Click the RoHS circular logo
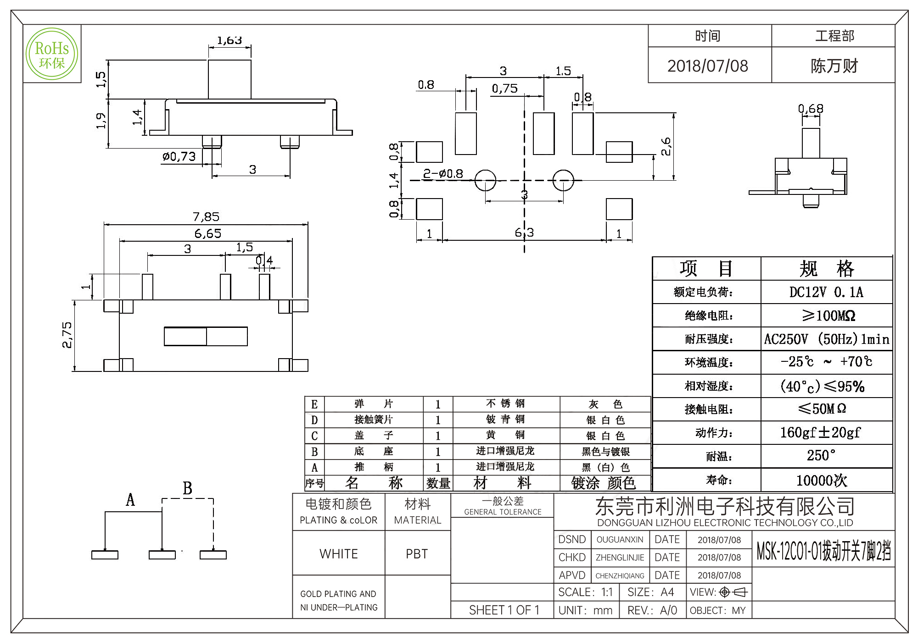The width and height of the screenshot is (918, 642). click(x=51, y=54)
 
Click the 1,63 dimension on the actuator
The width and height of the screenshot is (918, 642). click(x=229, y=41)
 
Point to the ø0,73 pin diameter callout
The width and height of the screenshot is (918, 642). click(x=179, y=157)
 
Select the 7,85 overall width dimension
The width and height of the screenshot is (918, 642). click(x=206, y=216)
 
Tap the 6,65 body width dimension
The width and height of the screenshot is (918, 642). click(x=207, y=233)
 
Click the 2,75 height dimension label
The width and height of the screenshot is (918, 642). click(x=67, y=335)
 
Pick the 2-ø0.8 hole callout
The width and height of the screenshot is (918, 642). click(x=442, y=174)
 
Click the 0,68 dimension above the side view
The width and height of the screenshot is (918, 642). click(x=811, y=109)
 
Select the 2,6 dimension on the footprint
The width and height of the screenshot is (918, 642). click(x=666, y=146)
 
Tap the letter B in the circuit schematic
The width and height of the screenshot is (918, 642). click(x=187, y=488)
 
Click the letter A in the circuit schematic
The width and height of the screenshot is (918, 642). click(x=130, y=500)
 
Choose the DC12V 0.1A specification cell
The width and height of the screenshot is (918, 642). click(x=826, y=292)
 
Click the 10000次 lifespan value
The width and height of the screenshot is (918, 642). click(x=822, y=480)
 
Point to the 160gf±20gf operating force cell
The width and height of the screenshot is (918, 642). click(x=820, y=432)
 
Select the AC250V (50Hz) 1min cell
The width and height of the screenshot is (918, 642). click(x=826, y=339)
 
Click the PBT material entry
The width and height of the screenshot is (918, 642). click(x=417, y=554)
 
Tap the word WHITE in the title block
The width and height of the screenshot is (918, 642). click(x=339, y=554)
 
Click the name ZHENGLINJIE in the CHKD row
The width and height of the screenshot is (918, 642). click(x=620, y=558)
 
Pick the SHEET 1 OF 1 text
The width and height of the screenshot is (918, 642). click(x=504, y=610)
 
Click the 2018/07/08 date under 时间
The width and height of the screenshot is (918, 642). click(x=707, y=66)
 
